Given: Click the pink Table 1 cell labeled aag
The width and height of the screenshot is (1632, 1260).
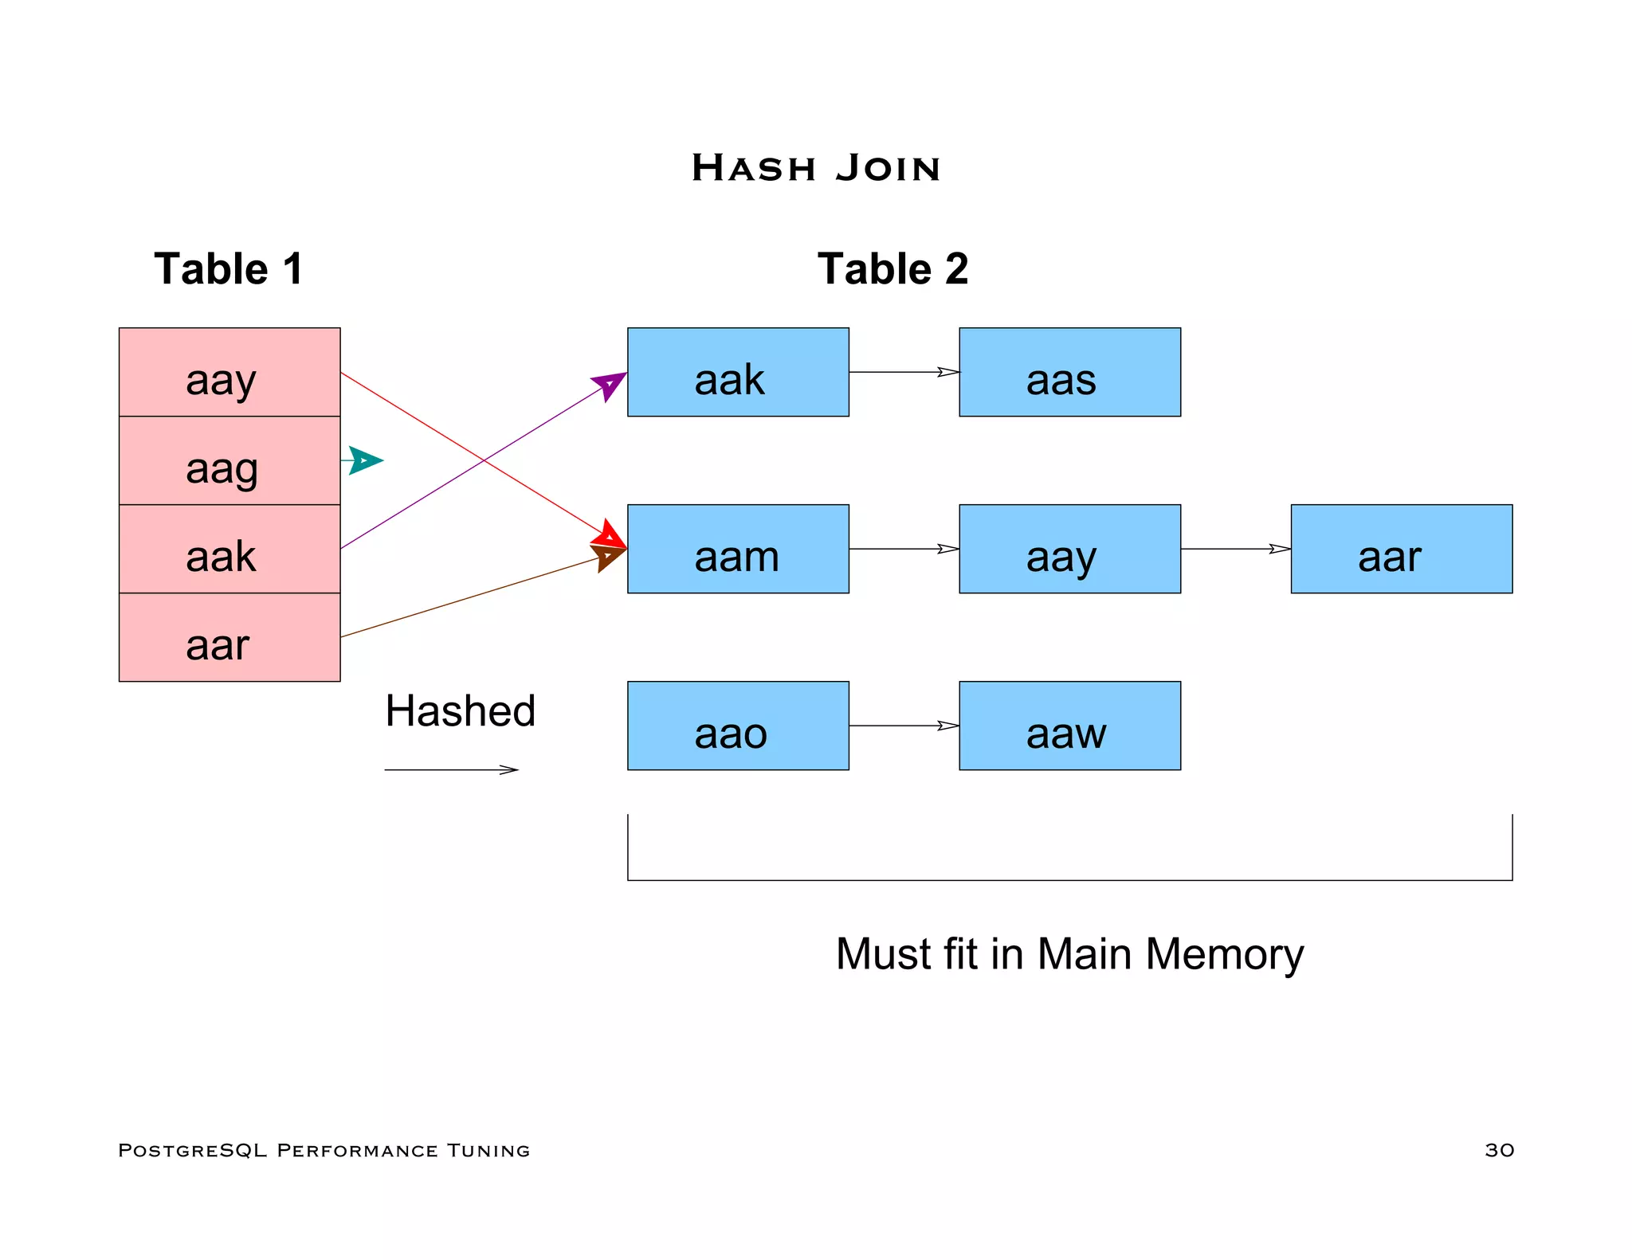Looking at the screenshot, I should point(229,460).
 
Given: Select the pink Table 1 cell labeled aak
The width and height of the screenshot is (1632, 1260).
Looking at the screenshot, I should point(229,549).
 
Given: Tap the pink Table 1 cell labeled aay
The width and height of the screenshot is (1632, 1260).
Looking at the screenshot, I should point(229,372).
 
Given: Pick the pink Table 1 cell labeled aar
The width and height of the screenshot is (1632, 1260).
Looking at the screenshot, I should point(229,637).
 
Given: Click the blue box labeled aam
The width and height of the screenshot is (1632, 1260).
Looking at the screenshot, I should point(738,549).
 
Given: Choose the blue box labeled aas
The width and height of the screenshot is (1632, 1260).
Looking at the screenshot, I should point(1069,372).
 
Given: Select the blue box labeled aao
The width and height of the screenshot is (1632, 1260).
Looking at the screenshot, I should point(738,726).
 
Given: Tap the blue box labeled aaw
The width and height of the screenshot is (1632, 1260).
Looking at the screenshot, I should point(1069,726).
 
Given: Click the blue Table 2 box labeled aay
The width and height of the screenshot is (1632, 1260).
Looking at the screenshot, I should point(1069,549).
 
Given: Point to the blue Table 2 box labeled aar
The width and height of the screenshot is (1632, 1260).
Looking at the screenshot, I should point(1401,549).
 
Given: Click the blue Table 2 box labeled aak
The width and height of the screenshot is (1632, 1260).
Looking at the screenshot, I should point(738,372).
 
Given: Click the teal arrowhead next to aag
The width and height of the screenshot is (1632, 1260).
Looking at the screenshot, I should point(365,460).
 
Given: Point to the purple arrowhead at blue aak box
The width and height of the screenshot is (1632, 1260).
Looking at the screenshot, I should point(610,385).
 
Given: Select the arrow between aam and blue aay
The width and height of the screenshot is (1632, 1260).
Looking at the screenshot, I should point(904,549).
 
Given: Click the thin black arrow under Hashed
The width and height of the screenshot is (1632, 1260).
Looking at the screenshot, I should point(451,769).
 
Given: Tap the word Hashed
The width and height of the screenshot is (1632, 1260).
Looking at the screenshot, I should point(460,710).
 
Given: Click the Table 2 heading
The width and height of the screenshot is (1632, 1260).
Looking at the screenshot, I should point(892,268).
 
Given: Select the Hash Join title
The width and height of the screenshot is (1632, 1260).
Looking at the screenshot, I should point(816,168).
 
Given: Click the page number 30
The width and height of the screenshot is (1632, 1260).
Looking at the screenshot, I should point(1499,1150).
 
